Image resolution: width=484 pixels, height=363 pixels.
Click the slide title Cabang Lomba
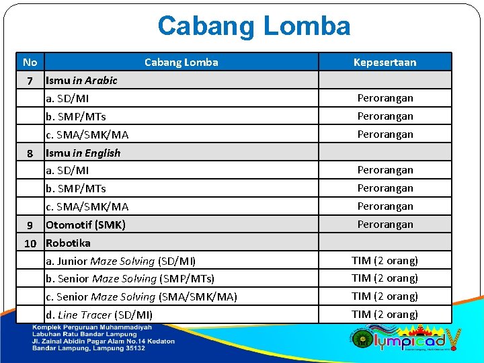(253, 26)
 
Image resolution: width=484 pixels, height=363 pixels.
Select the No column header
(30, 63)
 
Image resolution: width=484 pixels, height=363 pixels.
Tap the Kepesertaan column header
(385, 63)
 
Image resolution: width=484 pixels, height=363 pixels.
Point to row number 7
(30, 81)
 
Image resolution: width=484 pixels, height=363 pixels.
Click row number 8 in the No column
(30, 153)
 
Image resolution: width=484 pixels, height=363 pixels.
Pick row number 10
(30, 243)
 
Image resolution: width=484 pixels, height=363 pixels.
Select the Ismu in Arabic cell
(81, 81)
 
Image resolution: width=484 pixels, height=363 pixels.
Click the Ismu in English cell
(83, 153)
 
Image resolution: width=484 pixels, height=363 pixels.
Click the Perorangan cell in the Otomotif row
(385, 225)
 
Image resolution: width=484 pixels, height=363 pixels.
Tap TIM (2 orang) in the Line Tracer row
(385, 315)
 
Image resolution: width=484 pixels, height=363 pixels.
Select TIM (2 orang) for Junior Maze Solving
(385, 261)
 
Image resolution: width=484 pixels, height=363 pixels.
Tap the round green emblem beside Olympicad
(362, 339)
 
